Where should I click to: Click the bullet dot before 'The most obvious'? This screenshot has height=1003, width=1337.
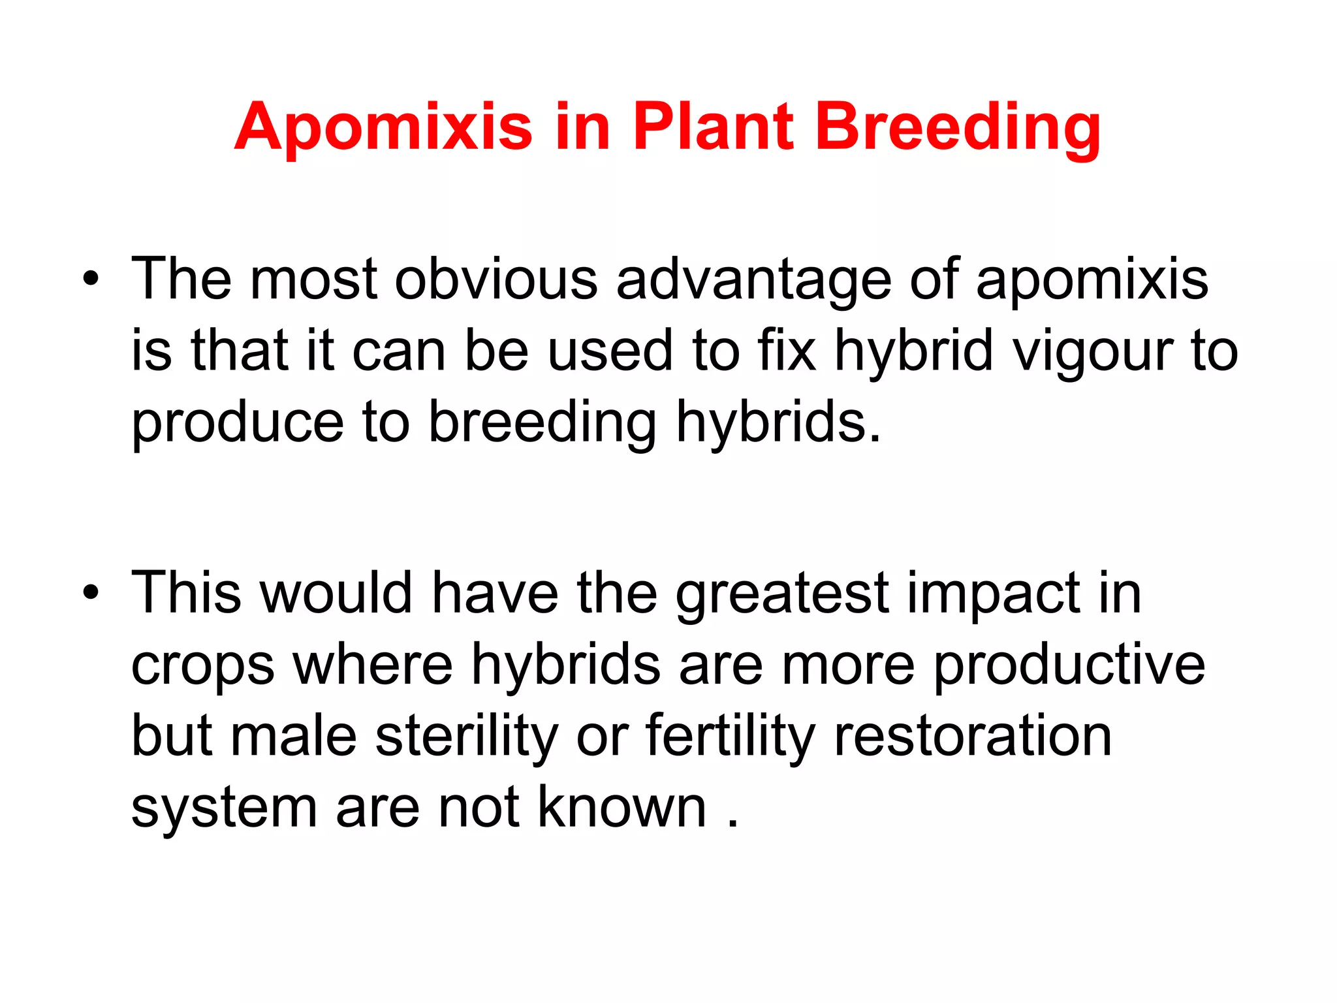pos(91,279)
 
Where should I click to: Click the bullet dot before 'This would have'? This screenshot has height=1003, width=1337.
pos(91,593)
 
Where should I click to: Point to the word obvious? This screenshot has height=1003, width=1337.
pos(496,279)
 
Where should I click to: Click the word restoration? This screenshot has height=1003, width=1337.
pos(973,737)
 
